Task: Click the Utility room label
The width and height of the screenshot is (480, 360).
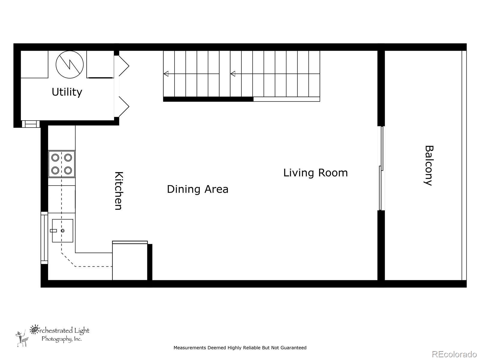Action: click(67, 92)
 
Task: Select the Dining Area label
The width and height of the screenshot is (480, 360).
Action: click(197, 189)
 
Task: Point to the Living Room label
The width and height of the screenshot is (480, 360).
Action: click(315, 173)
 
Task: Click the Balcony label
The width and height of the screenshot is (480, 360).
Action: click(429, 166)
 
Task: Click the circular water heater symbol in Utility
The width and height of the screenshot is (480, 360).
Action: click(70, 64)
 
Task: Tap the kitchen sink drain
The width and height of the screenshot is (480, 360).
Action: click(63, 231)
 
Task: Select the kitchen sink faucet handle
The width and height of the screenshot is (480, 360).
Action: click(53, 231)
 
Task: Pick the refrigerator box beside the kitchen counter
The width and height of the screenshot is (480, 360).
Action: click(130, 260)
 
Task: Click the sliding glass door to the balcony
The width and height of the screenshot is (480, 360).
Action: click(381, 168)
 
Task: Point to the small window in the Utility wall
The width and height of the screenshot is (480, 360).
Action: click(31, 124)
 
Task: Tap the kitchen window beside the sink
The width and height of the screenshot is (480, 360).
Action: click(44, 238)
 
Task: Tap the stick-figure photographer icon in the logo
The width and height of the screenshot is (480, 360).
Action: click(22, 339)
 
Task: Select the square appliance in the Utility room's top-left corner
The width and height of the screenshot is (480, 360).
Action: click(34, 64)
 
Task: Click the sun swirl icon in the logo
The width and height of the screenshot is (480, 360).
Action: click(34, 329)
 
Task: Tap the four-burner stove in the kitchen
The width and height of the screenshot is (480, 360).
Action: click(62, 164)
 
